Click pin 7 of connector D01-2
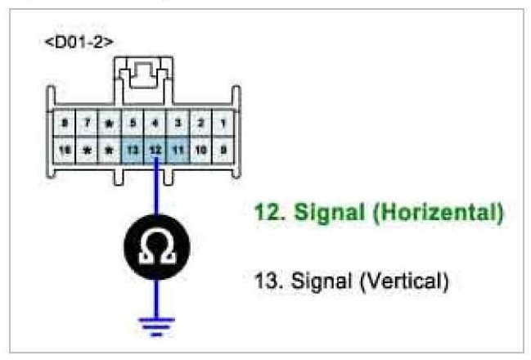tap(86, 124)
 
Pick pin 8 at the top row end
tap(63, 124)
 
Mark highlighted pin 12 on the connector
tap(156, 150)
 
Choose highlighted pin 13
tap(133, 150)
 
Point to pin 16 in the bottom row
tap(63, 150)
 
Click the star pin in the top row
tap(110, 124)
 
